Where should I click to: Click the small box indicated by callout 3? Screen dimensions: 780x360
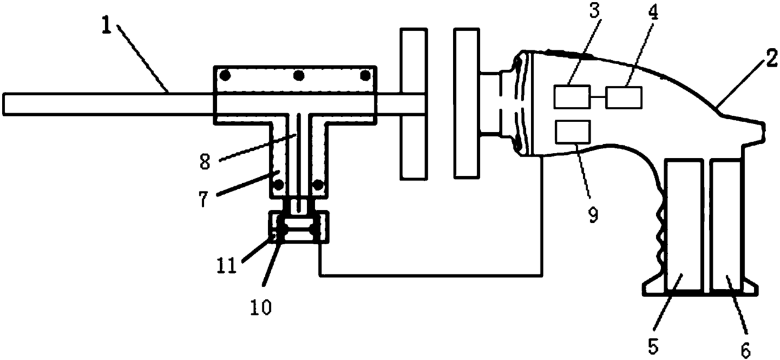point(572,97)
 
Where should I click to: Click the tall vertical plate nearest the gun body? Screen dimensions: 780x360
point(465,103)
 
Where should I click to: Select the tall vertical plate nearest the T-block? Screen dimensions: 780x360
point(413,103)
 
